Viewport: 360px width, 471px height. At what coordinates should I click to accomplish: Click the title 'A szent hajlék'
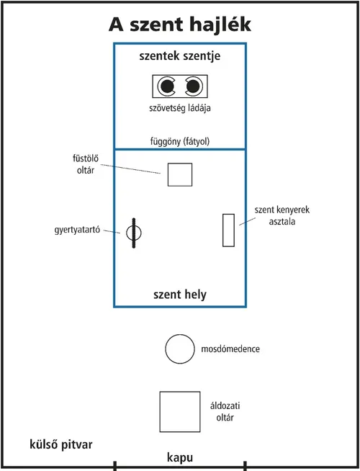(x=180, y=24)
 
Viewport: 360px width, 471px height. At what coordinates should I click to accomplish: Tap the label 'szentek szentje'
(x=180, y=57)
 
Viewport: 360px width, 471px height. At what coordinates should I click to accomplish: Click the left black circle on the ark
(x=167, y=87)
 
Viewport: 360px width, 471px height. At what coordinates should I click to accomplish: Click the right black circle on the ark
(x=192, y=87)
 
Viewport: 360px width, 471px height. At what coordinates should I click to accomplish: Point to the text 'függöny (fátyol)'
(x=179, y=141)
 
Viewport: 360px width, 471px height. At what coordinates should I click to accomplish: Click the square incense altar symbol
(x=180, y=174)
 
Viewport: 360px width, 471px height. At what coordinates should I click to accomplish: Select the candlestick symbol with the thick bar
(x=134, y=233)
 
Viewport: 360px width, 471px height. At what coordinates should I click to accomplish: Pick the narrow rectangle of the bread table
(x=229, y=230)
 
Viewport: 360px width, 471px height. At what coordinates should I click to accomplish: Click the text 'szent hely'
(x=180, y=295)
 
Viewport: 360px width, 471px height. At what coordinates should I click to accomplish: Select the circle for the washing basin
(x=179, y=349)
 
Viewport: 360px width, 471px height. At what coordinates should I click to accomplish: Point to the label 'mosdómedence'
(x=231, y=349)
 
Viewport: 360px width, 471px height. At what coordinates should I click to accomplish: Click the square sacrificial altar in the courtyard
(x=180, y=411)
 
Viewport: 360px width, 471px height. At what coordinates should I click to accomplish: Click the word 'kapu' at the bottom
(x=180, y=457)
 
